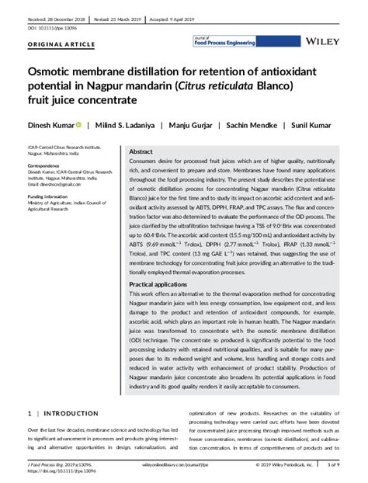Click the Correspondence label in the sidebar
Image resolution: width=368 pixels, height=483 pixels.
[x=46, y=166]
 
